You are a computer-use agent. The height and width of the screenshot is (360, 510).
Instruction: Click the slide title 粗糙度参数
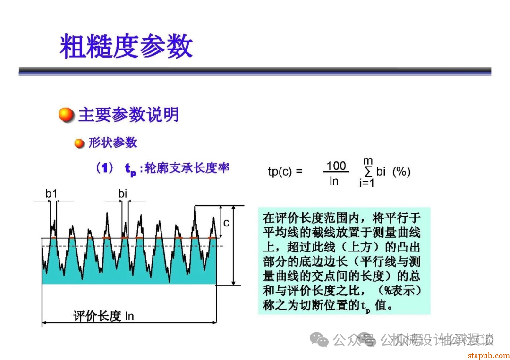point(126,47)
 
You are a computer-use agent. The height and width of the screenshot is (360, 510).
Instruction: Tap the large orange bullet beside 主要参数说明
point(67,115)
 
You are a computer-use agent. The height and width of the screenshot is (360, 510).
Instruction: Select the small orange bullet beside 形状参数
point(79,143)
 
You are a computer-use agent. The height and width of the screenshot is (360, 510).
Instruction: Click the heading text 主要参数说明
point(128,115)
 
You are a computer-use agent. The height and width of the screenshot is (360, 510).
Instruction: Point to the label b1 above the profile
point(51,193)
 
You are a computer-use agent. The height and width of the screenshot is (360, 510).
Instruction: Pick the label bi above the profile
point(123,193)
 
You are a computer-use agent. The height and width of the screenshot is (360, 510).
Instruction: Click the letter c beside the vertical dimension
point(226,222)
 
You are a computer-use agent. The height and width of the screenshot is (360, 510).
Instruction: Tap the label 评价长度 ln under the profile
point(103,316)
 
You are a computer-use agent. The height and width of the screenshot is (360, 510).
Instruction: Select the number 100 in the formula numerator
point(336,166)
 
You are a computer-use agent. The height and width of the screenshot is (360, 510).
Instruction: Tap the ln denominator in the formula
point(334,181)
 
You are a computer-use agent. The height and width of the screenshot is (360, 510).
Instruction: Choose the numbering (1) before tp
point(103,168)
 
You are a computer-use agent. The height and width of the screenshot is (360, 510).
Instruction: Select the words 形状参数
point(112,142)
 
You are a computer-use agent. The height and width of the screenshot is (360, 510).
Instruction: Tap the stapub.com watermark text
point(488,355)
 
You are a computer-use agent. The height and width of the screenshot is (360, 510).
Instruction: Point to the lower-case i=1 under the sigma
point(366,184)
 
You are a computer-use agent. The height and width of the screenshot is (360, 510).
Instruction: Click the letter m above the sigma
point(368,161)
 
